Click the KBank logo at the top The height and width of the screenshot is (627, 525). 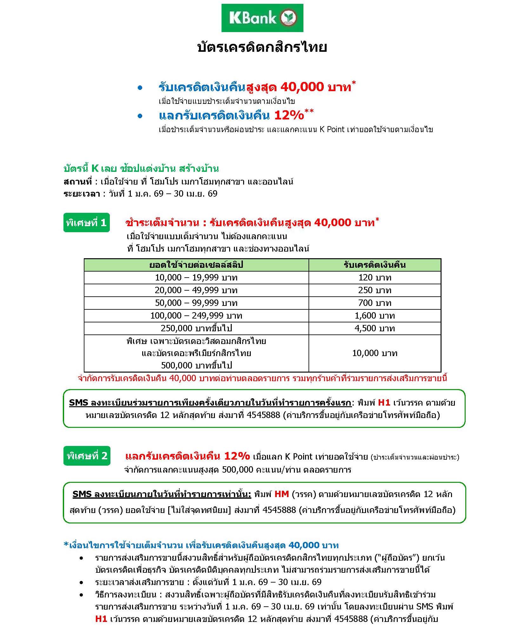click(262, 18)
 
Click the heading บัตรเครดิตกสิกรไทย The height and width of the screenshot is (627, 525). click(262, 47)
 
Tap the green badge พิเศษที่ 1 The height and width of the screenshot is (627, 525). click(86, 223)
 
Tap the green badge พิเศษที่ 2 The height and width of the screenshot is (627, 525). click(87, 456)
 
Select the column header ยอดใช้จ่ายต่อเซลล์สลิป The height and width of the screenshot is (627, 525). click(196, 265)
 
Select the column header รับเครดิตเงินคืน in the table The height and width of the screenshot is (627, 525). click(375, 265)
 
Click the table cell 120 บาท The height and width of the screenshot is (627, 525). click(375, 278)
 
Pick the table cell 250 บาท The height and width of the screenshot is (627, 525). click(375, 290)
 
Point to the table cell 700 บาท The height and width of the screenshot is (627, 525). click(375, 303)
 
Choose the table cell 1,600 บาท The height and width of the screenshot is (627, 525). click(375, 316)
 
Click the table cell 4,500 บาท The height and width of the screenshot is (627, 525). click(375, 328)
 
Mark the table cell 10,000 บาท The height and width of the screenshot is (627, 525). click(375, 353)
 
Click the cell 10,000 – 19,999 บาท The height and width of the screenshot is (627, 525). click(196, 278)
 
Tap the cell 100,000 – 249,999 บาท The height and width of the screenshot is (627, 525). click(196, 316)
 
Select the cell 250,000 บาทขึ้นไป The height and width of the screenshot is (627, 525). click(196, 328)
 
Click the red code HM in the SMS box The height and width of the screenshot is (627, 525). click(282, 494)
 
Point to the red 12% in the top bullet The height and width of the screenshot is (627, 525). click(289, 115)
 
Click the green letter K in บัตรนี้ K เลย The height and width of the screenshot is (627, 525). click(95, 168)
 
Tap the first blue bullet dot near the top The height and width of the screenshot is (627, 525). click(140, 88)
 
